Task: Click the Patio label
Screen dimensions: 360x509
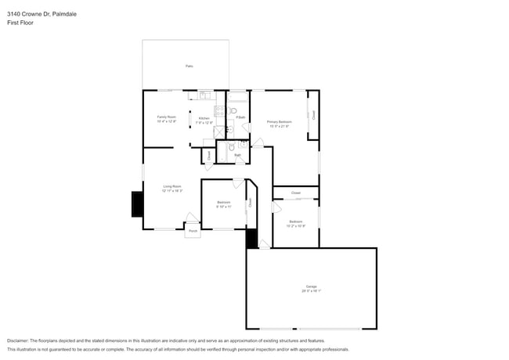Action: (190, 67)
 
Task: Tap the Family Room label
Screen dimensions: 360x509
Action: (167, 117)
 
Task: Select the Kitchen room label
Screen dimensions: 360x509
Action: (204, 117)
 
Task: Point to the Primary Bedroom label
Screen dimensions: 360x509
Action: (279, 122)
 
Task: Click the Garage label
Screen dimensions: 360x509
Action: (311, 286)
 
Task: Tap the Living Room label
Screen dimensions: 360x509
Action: (171, 186)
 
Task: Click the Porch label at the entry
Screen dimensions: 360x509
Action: (193, 231)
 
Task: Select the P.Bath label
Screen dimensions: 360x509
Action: (240, 117)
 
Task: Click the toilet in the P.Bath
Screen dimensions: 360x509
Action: (233, 112)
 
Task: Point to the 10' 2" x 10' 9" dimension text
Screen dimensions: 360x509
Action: (296, 226)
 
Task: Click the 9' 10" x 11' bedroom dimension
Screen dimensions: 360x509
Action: (223, 207)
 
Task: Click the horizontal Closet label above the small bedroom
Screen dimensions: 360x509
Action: (295, 193)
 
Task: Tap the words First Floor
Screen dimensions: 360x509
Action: (20, 23)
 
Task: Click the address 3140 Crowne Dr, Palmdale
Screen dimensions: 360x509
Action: (42, 14)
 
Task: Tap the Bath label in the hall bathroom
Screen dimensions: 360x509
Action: (237, 155)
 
